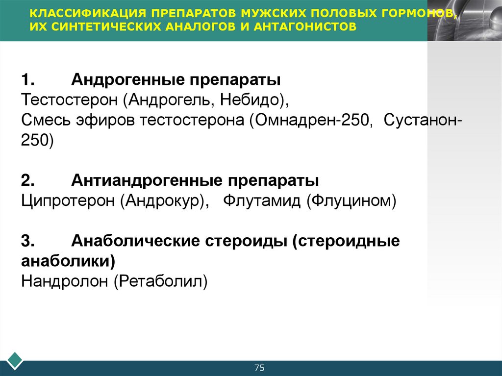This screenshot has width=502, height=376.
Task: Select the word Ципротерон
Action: [67, 201]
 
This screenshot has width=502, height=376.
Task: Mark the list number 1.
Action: [27, 79]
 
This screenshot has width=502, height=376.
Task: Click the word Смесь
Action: [45, 120]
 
